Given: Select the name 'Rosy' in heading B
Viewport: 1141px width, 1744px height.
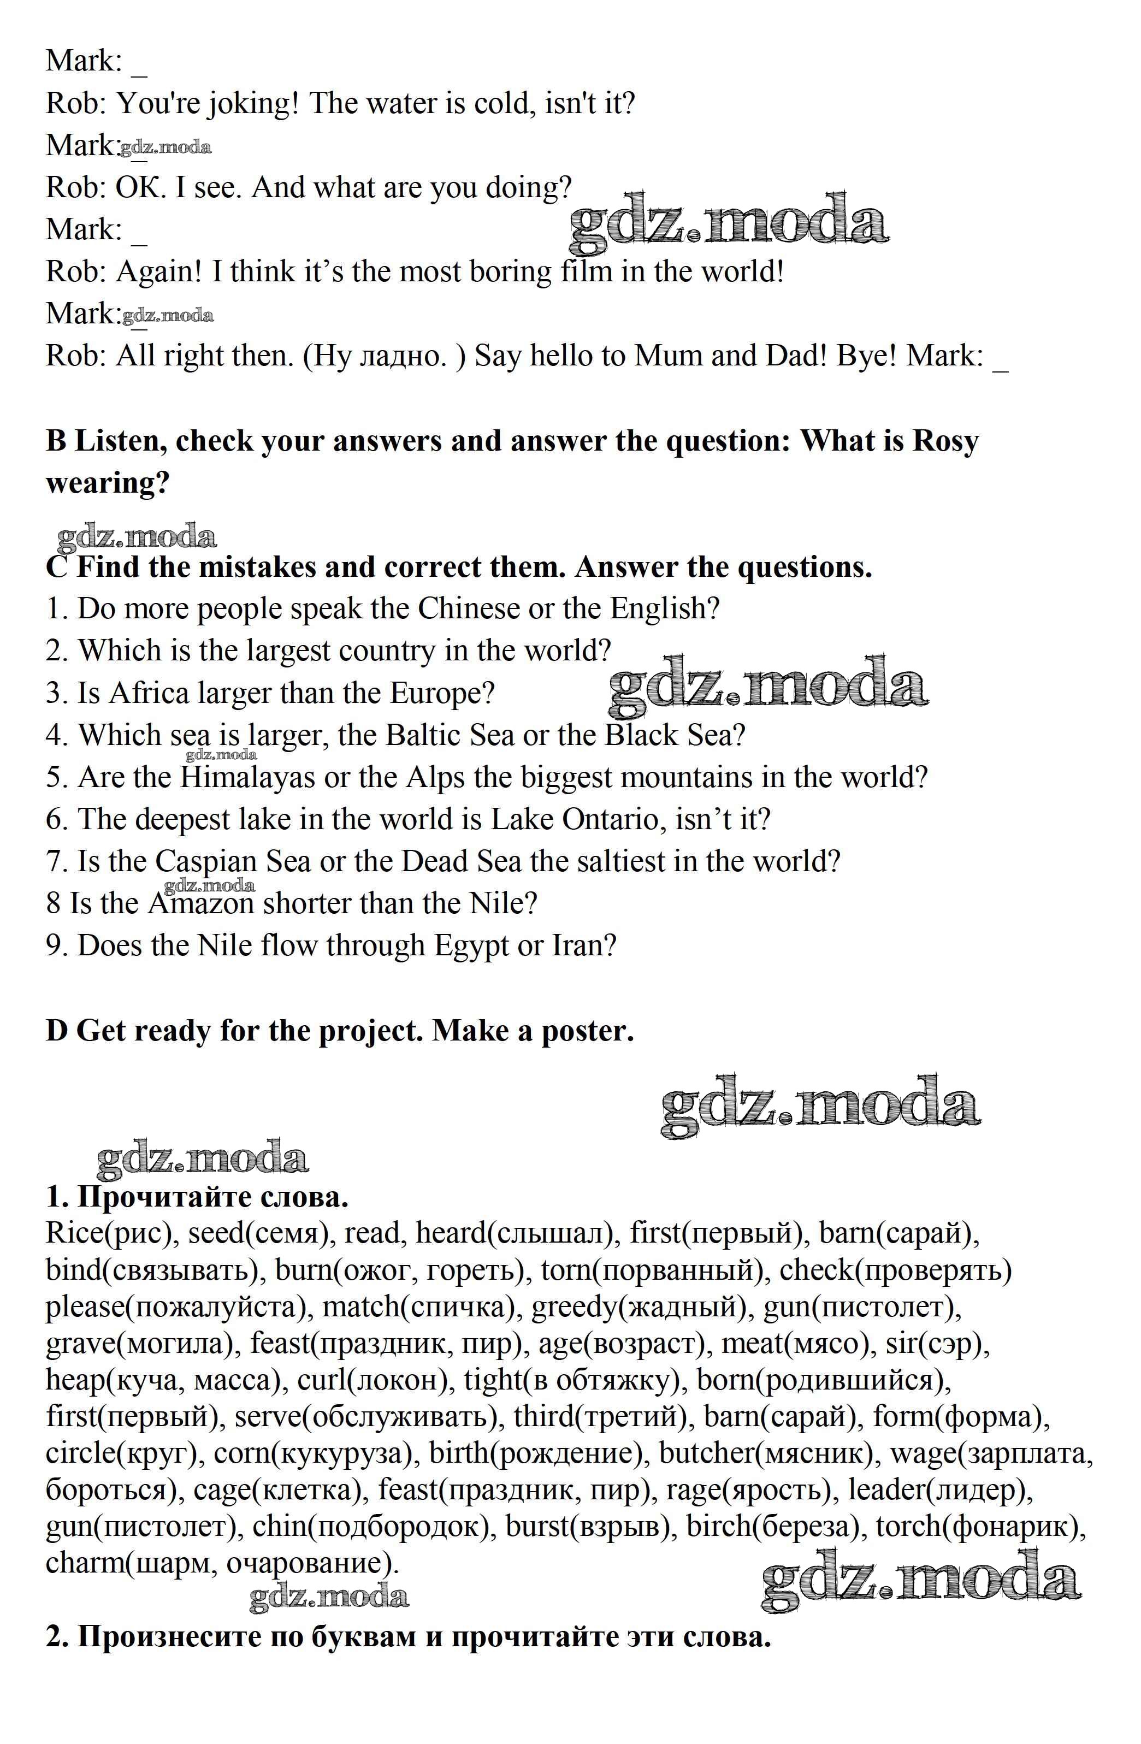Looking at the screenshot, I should (945, 442).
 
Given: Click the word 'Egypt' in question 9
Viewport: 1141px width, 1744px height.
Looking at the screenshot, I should (471, 946).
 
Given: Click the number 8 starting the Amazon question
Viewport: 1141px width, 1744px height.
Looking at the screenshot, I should (54, 903).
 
